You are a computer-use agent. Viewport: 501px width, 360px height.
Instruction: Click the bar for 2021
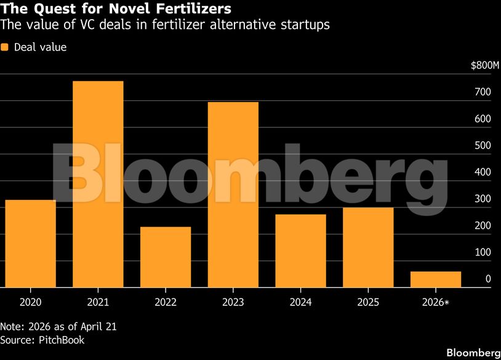98,185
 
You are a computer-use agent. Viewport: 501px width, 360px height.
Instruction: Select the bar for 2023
233,195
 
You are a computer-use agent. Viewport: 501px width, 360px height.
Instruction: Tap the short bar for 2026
436,279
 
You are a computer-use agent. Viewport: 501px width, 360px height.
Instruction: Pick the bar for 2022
166,257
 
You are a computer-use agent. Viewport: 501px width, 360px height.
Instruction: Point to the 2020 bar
31,244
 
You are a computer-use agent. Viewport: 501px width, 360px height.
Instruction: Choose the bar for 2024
301,251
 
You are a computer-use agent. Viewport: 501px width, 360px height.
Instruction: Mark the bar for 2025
369,247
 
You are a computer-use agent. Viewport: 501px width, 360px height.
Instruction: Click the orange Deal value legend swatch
4,47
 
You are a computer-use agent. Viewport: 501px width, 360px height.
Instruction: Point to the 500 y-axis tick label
483,145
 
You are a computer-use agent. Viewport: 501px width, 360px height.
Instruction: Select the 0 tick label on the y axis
488,279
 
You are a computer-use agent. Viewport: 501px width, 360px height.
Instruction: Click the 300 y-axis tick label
483,199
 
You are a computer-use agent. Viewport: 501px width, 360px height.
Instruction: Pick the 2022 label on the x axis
166,302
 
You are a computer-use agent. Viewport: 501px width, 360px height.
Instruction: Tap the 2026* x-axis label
436,302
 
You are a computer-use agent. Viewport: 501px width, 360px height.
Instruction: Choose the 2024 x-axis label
301,302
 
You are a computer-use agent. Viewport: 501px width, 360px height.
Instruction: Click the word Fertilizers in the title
193,9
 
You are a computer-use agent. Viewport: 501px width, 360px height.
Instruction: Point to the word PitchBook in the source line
62,340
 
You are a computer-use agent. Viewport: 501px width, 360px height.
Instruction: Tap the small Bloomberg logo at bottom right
473,353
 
